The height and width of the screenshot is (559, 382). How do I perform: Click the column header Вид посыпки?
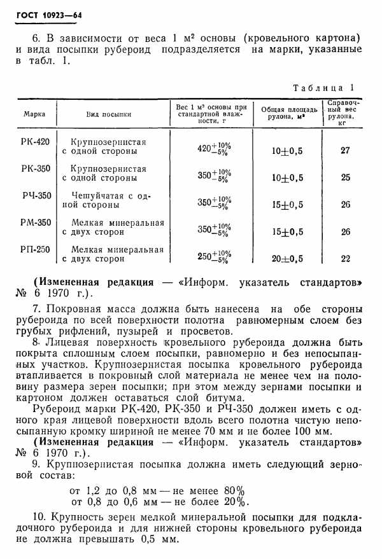109,114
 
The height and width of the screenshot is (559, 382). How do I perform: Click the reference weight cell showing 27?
345,150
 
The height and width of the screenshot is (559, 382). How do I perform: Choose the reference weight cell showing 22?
346,258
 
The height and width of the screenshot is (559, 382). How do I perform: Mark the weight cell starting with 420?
213,149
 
